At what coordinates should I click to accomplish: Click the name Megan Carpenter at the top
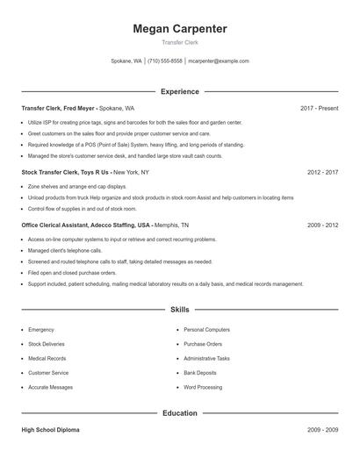tap(179, 29)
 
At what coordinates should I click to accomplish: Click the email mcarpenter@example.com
tap(220, 61)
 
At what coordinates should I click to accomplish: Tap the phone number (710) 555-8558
tap(165, 61)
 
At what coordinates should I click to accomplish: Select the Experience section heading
tap(179, 91)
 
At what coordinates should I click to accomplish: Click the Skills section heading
tap(179, 310)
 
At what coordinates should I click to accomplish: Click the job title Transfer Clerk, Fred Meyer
tap(57, 108)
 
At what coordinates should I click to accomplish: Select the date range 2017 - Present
tap(319, 108)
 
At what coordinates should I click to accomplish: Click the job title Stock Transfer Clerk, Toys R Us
tap(66, 173)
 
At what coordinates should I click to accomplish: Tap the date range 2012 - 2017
tap(322, 173)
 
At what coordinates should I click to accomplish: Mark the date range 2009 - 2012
tap(322, 225)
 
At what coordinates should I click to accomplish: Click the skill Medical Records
tap(47, 359)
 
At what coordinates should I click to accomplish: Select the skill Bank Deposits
tap(201, 373)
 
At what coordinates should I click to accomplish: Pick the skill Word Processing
tap(204, 387)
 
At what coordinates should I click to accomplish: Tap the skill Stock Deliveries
tap(47, 344)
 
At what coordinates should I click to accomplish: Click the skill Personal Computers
tap(206, 330)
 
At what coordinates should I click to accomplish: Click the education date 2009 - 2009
tap(322, 430)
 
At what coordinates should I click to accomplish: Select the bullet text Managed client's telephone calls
tap(66, 250)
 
